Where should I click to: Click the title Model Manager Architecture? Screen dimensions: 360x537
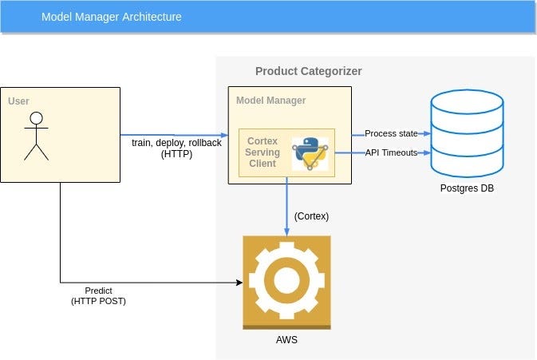(x=111, y=16)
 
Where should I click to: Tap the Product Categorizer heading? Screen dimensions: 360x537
(x=308, y=71)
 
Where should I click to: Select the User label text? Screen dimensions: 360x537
(x=19, y=101)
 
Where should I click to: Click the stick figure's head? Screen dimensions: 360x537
(x=35, y=119)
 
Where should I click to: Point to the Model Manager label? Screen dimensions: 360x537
(x=270, y=101)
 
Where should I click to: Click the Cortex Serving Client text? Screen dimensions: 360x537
(x=262, y=152)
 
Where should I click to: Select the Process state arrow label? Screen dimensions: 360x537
(x=391, y=133)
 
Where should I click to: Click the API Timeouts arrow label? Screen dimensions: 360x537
(x=391, y=152)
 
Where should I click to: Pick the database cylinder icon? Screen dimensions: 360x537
(x=467, y=133)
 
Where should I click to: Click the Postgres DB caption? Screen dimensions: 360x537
(x=468, y=188)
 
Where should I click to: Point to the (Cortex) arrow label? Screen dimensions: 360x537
(x=312, y=216)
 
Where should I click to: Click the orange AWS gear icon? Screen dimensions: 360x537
(x=286, y=282)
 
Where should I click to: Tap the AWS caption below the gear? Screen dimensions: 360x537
(x=286, y=339)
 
